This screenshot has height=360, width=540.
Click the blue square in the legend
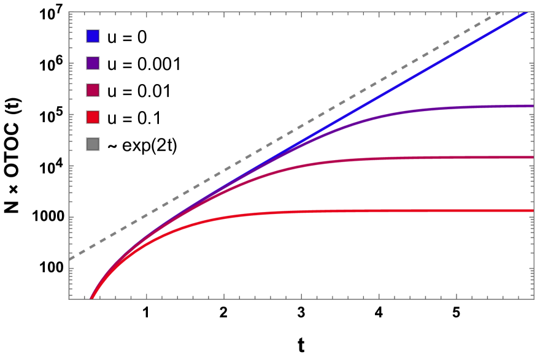(93, 36)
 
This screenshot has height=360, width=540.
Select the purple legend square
(93, 63)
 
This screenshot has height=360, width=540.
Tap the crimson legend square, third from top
(93, 90)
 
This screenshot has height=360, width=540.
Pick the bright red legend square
(93, 117)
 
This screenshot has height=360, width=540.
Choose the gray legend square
(93, 144)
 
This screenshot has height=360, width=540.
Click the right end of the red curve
(532, 210)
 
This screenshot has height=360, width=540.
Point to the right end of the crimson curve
(532, 158)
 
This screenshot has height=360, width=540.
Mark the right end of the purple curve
(532, 106)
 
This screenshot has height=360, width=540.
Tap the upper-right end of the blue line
(526, 13)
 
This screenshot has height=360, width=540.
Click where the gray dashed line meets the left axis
(70, 259)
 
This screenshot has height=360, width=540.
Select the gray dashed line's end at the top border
(502, 12)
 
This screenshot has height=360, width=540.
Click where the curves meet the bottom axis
(91, 298)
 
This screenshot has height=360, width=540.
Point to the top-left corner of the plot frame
(69, 12)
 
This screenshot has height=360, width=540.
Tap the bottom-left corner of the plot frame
(69, 299)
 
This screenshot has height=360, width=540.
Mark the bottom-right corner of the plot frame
(533, 299)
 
